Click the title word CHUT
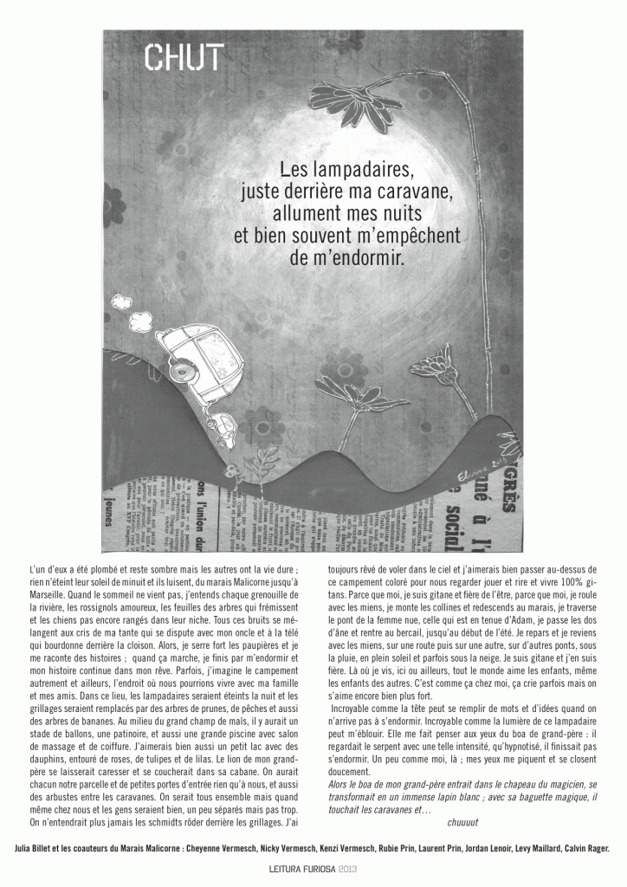coord(183,57)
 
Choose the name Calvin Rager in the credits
coord(585,850)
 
